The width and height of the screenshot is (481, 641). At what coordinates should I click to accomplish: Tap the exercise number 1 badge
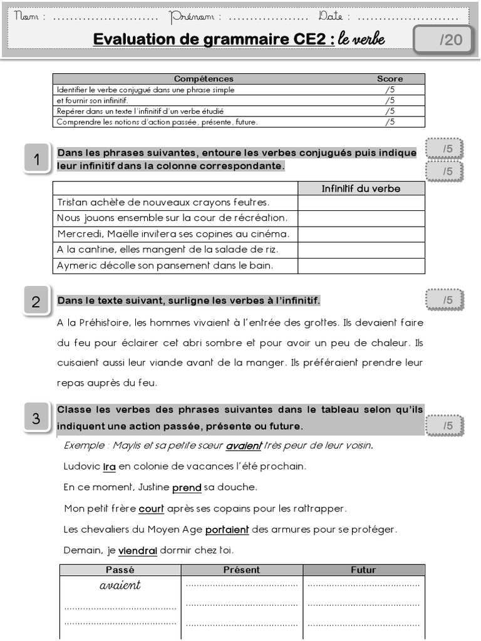37,160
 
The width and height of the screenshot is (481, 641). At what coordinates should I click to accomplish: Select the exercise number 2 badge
36,302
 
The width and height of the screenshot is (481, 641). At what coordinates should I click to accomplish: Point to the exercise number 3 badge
36,418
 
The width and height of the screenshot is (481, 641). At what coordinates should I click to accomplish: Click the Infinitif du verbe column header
361,188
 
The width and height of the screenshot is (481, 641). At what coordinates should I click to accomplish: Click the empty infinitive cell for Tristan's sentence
361,202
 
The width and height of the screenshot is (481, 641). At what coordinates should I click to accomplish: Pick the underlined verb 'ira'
110,466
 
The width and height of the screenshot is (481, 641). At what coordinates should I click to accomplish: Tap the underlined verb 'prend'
187,487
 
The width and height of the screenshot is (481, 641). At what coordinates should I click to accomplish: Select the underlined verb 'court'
151,508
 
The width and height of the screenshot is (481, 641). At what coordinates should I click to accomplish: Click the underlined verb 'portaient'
227,530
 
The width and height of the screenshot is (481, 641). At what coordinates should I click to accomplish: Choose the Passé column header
120,570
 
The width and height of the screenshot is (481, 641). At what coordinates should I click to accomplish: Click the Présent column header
242,570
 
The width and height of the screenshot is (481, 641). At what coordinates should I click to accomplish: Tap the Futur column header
364,570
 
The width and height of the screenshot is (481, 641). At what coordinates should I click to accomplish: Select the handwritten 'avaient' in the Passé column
120,586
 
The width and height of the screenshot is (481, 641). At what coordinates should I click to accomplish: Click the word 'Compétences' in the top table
204,79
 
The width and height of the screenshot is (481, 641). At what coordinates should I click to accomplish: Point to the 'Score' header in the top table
390,79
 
